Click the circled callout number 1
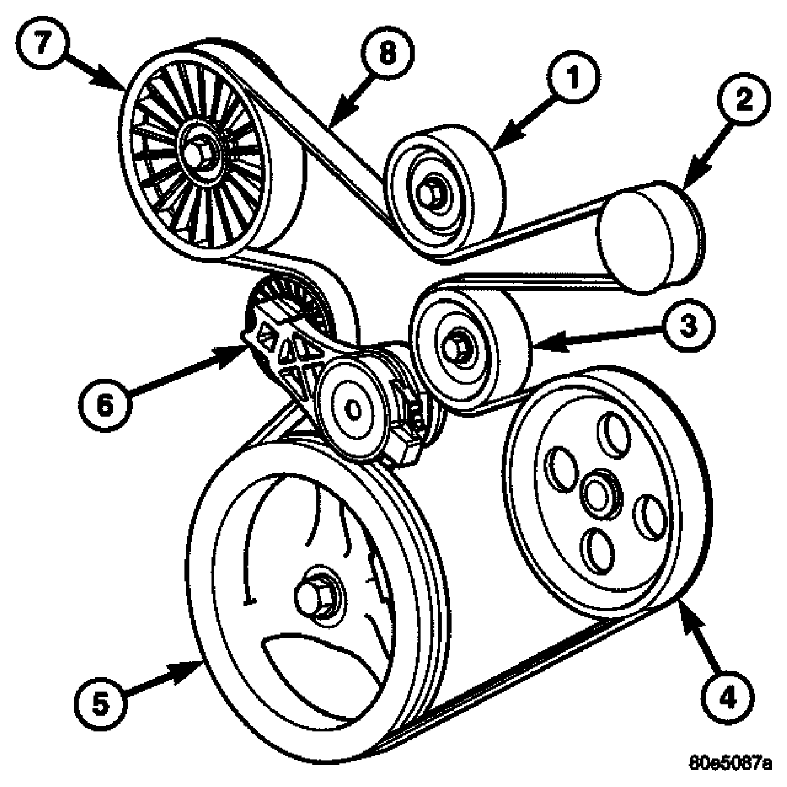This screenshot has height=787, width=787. click(x=572, y=77)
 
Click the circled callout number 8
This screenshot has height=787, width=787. click(x=388, y=53)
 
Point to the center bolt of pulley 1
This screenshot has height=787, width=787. click(x=431, y=191)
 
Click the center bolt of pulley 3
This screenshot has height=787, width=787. click(x=455, y=347)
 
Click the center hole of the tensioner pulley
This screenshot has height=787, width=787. click(x=352, y=408)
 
